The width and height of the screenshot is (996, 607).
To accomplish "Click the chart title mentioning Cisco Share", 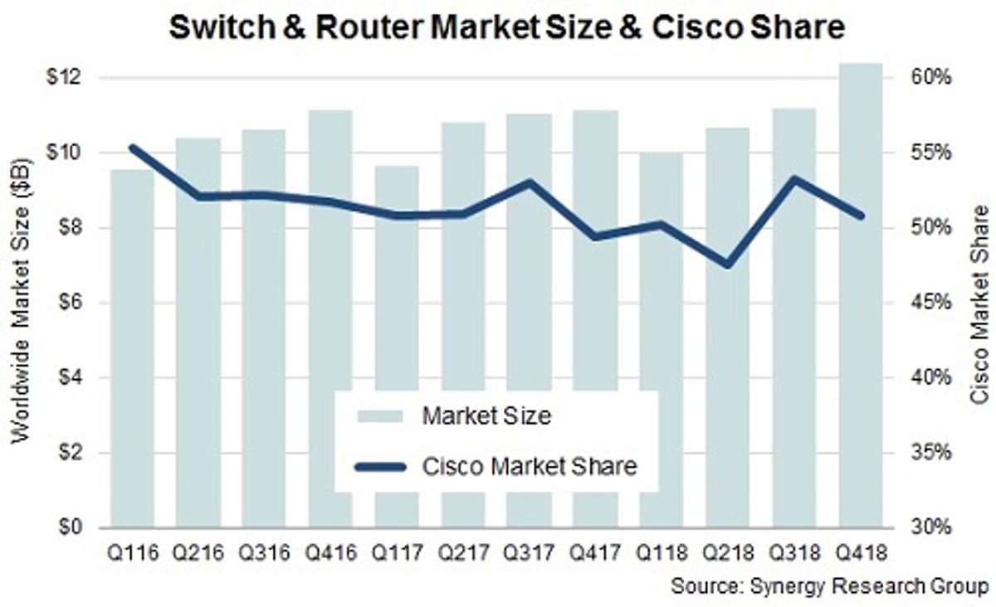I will point(506,27).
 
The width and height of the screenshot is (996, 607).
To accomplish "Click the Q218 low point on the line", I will point(728,265).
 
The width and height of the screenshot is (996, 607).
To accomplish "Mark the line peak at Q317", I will point(530,182).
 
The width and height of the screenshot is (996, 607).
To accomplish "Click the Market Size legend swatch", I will point(379,415).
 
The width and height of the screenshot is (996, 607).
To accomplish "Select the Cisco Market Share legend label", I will point(530,466).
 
